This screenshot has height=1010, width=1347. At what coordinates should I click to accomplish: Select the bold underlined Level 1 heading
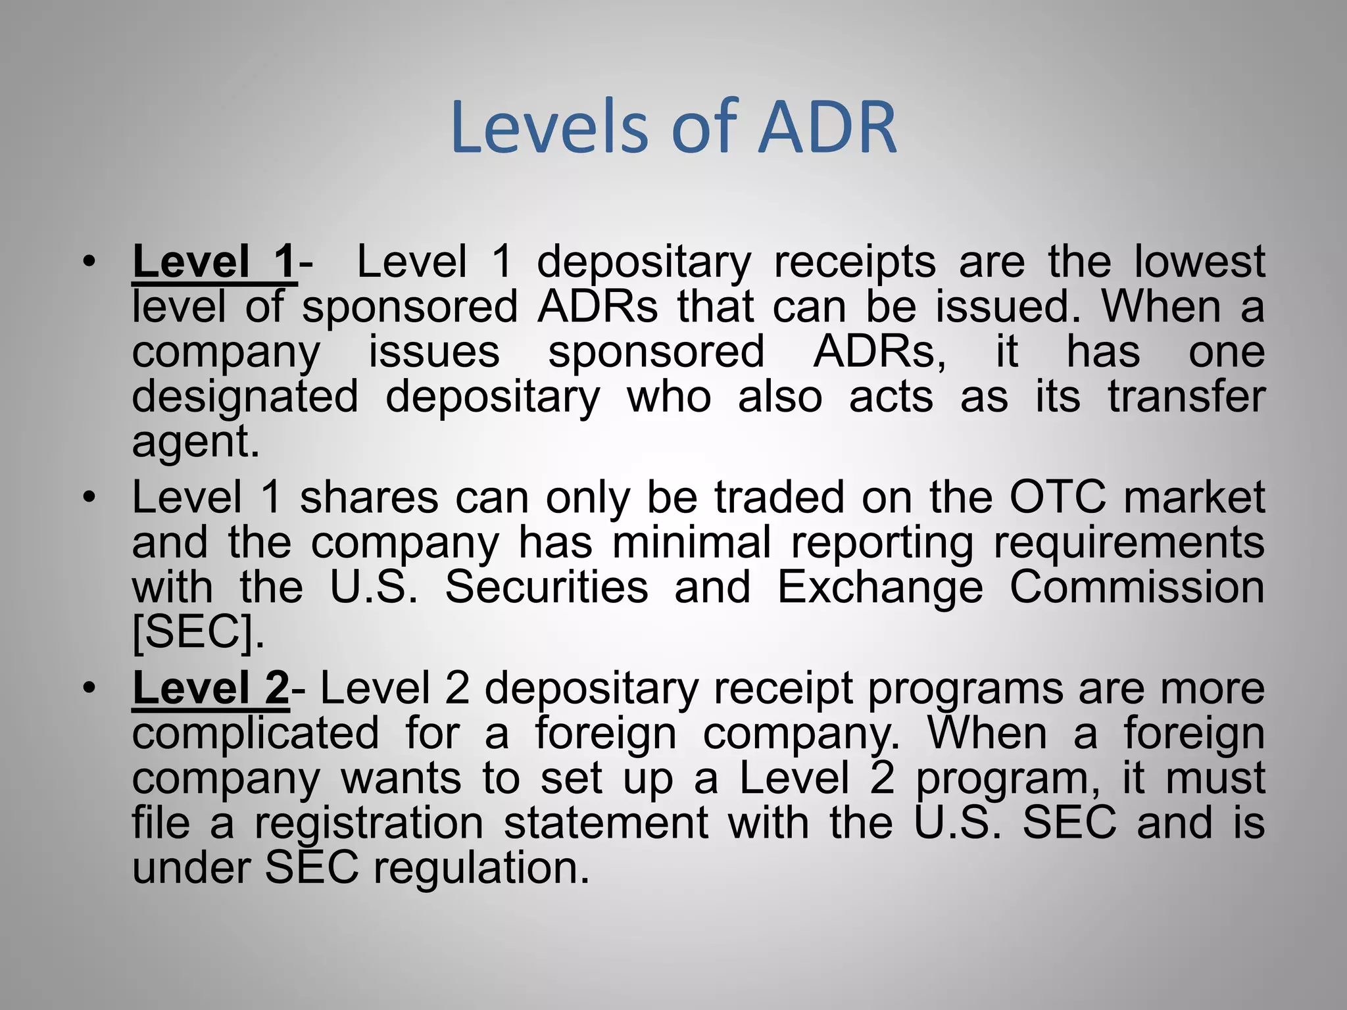click(214, 262)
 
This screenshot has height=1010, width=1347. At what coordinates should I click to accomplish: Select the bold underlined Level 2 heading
click(210, 688)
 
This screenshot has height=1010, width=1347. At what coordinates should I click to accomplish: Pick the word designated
click(245, 397)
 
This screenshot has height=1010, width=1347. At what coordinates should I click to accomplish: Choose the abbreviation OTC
click(1058, 497)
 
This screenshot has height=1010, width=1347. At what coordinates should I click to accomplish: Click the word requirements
click(1129, 543)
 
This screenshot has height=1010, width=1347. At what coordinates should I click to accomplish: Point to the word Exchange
click(880, 588)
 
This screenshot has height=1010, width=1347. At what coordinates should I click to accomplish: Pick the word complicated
click(255, 734)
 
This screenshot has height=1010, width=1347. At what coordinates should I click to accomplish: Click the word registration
click(369, 823)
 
